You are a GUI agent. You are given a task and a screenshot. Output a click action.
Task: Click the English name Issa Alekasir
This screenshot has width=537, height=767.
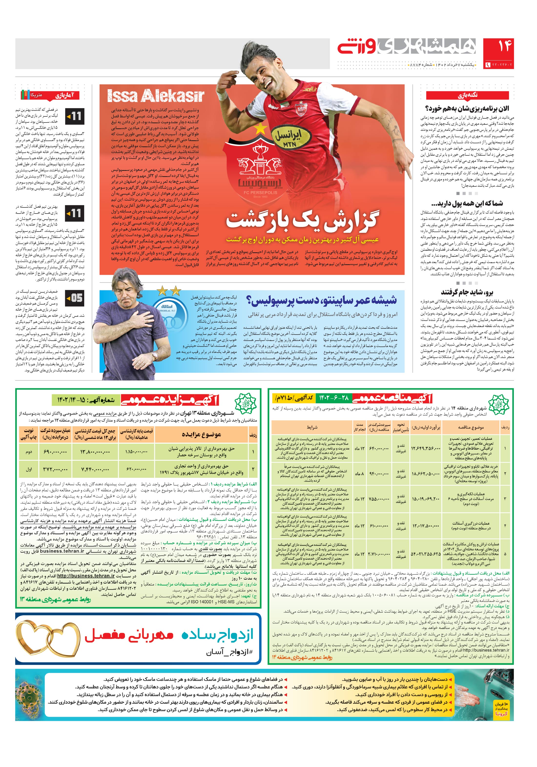coord(155,96)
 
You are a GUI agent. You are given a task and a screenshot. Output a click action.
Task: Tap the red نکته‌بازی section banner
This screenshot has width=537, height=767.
coord(467,95)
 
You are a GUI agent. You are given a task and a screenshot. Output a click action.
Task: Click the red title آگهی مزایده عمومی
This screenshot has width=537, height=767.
coord(170,400)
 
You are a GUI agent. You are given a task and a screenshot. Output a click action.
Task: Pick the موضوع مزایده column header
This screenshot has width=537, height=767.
coord(201,434)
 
